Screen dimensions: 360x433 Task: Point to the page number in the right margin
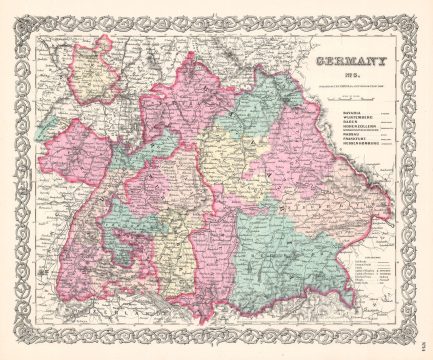point(421,321)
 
